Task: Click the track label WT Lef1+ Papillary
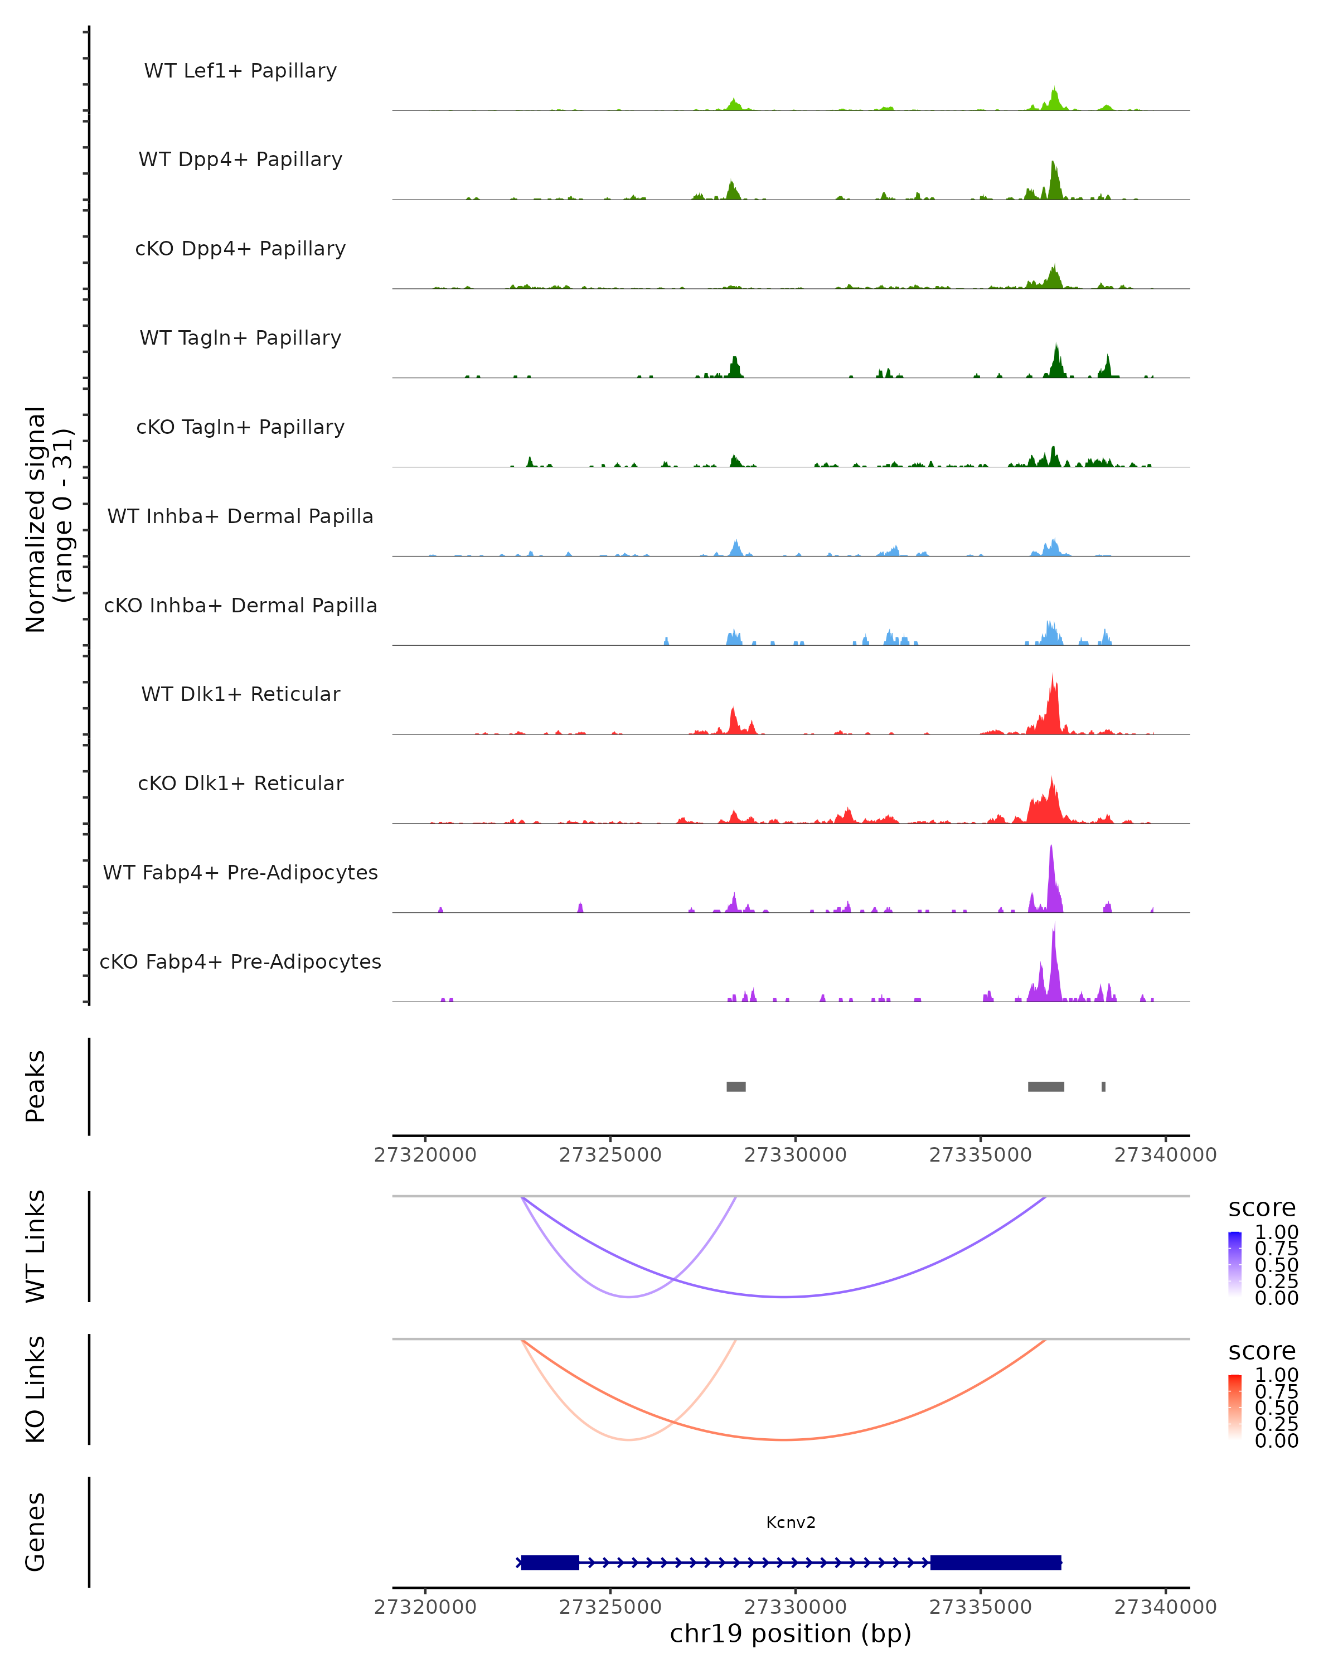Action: click(240, 71)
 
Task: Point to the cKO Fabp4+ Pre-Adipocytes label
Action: click(240, 961)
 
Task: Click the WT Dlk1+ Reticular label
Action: click(240, 694)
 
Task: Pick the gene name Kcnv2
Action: click(791, 1522)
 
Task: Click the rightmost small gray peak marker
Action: click(1103, 1086)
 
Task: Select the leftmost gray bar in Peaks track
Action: click(736, 1086)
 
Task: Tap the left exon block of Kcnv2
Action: click(550, 1562)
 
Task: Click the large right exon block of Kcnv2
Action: click(995, 1562)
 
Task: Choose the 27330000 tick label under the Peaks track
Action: click(795, 1155)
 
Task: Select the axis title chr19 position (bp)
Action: click(791, 1633)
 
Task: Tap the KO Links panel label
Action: click(36, 1389)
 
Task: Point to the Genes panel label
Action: click(36, 1532)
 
